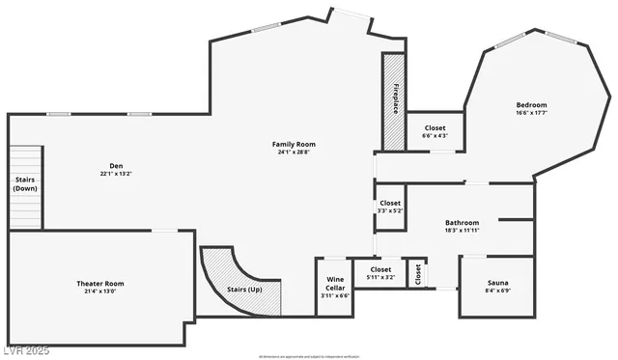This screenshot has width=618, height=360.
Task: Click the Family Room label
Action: click(x=294, y=144)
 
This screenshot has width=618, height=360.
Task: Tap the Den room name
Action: click(x=115, y=165)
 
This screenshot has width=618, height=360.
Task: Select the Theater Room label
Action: click(x=100, y=283)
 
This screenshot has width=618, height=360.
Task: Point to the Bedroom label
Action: click(x=531, y=105)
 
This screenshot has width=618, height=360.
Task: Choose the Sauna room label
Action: click(x=497, y=283)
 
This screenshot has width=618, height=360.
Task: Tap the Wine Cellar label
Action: click(x=335, y=284)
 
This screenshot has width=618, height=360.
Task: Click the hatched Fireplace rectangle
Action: click(x=394, y=101)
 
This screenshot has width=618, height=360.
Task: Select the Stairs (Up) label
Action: click(x=243, y=290)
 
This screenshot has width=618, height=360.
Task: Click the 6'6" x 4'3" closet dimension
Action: click(x=435, y=136)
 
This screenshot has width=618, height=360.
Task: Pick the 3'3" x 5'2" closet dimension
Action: click(x=390, y=210)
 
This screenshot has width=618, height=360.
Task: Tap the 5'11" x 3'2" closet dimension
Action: click(x=380, y=277)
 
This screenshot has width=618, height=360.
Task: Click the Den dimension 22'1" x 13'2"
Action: click(x=115, y=174)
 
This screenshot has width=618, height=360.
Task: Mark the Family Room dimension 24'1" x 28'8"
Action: click(x=294, y=152)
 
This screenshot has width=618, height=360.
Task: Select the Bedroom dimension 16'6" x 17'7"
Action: click(x=531, y=114)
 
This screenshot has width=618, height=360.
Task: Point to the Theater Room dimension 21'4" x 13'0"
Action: click(x=100, y=291)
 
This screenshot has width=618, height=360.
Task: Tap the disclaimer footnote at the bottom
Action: click(x=309, y=356)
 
